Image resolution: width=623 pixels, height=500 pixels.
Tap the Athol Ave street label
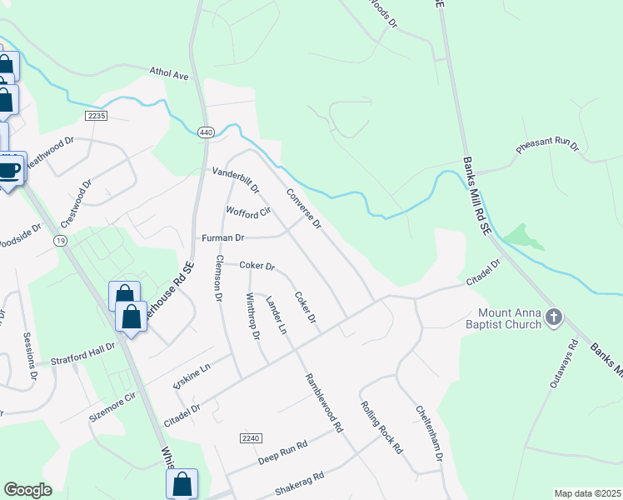[170, 74]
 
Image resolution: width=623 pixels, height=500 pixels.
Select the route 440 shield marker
[207, 132]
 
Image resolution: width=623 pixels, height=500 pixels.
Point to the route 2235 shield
[96, 116]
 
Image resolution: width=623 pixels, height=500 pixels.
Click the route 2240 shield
[250, 438]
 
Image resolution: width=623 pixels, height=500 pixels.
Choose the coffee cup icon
[9, 170]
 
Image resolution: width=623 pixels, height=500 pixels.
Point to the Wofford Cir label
[249, 212]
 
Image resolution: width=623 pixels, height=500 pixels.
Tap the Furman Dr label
[223, 238]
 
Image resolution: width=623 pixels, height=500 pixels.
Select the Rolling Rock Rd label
[381, 427]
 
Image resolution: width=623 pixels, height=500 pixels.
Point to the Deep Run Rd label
[282, 451]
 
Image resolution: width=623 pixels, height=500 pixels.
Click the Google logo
[27, 490]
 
